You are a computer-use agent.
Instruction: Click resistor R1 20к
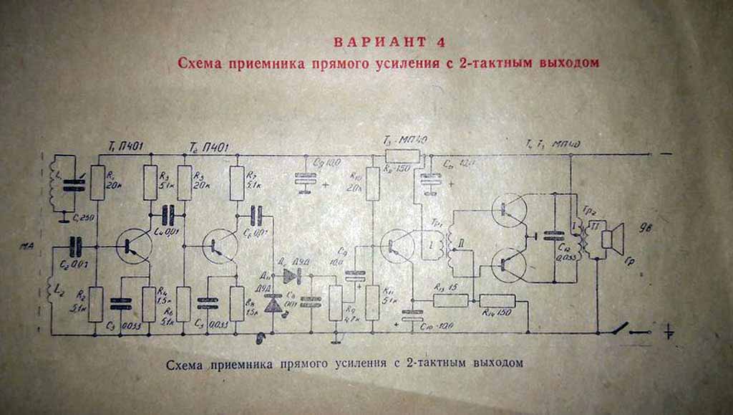(97, 183)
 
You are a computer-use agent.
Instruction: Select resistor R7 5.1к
(238, 183)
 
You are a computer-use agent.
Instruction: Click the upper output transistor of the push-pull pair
(510, 209)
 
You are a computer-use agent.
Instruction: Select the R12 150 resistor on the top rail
(402, 156)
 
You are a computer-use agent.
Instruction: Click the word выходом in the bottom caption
(495, 363)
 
